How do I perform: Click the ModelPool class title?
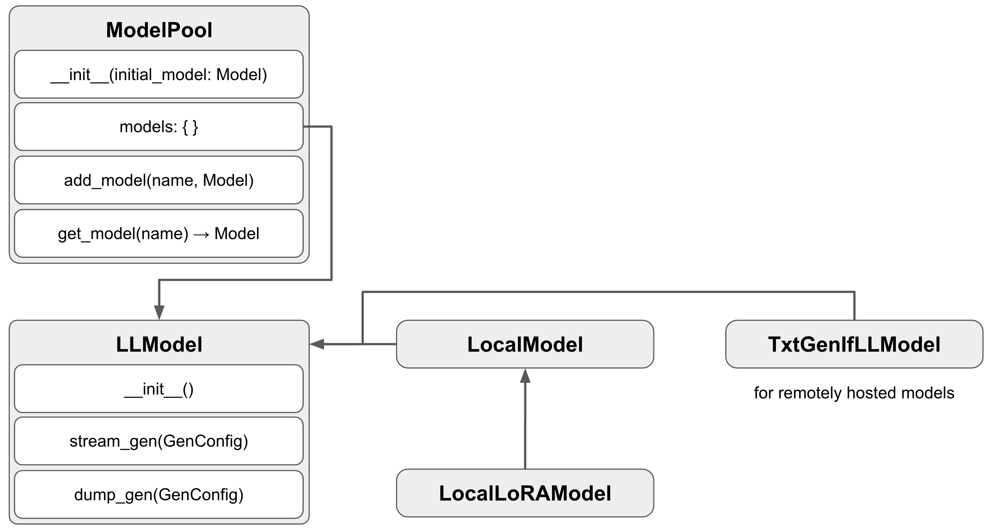(x=159, y=30)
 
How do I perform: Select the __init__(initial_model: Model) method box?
(x=159, y=74)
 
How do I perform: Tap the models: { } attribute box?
(x=159, y=127)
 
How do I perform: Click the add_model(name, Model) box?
(x=159, y=180)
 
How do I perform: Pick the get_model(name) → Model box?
(x=159, y=233)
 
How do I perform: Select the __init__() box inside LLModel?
(x=159, y=389)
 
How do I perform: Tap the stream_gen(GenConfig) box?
(x=159, y=441)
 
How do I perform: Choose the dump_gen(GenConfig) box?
(x=159, y=494)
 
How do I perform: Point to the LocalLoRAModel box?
(x=525, y=493)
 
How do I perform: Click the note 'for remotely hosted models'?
(x=854, y=393)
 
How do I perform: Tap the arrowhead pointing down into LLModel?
(x=159, y=312)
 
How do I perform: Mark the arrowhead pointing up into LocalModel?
(x=525, y=376)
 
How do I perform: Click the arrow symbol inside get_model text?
(x=201, y=234)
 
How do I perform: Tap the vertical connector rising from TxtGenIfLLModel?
(x=854, y=306)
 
